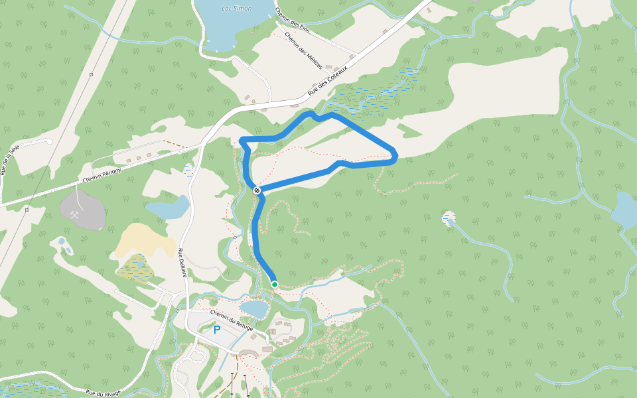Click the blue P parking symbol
click(216, 330)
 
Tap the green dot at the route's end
click(274, 285)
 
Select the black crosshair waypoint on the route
click(257, 190)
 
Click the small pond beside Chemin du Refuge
click(253, 308)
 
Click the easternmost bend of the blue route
click(396, 156)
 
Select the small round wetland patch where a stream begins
click(449, 218)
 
